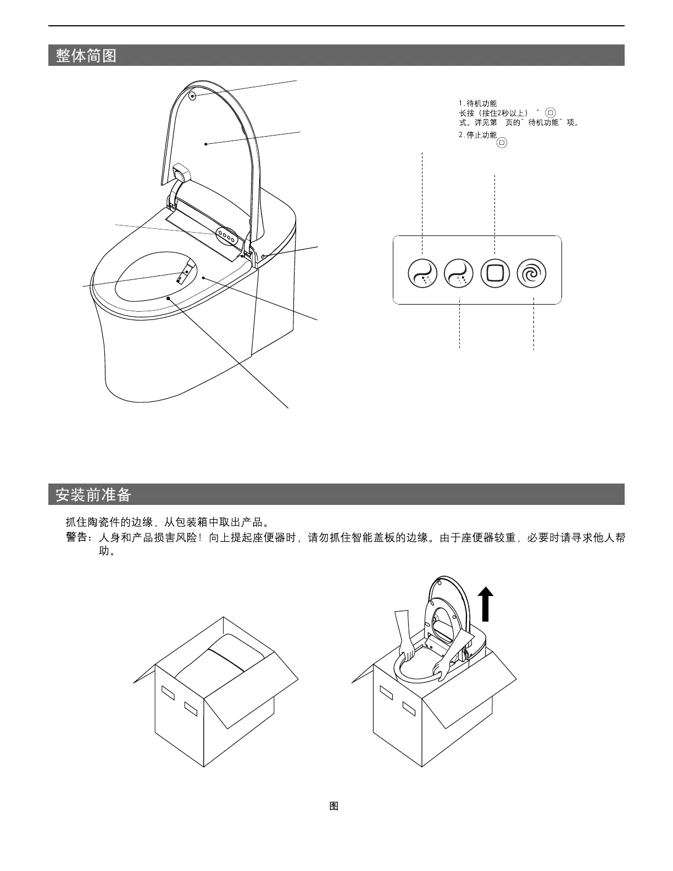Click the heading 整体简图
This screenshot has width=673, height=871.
(86, 55)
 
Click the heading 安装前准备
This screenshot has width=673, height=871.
(93, 495)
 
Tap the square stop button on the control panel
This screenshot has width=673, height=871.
(495, 273)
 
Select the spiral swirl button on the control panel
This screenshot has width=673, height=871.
(532, 273)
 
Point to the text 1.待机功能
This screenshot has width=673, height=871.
(477, 103)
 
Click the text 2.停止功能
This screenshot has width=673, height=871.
(477, 135)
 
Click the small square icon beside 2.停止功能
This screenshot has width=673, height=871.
(502, 143)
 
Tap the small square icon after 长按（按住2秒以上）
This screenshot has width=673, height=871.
(551, 113)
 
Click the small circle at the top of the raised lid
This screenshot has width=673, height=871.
(193, 95)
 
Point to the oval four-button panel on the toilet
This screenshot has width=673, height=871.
(227, 236)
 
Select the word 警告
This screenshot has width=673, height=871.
(76, 538)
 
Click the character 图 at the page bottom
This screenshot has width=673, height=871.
(333, 806)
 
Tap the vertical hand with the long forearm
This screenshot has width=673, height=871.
(404, 637)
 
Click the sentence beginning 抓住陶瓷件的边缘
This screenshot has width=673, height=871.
(167, 522)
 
